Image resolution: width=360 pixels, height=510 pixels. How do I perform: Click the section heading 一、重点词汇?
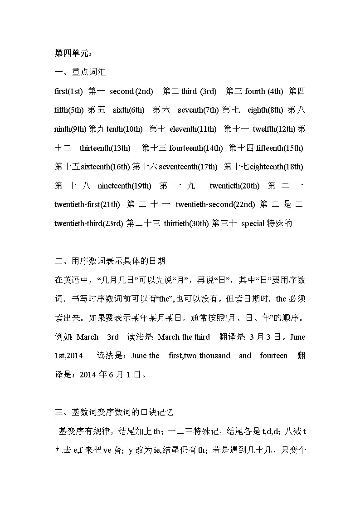click(x=80, y=72)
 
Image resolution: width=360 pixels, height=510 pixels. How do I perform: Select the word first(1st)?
click(x=68, y=91)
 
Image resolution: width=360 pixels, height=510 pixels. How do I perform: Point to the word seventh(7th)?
click(x=198, y=110)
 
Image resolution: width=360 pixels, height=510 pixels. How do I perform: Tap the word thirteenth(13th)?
click(x=105, y=148)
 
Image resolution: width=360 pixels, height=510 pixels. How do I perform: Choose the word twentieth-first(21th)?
click(x=87, y=204)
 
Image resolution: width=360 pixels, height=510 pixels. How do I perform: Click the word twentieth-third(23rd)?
click(x=88, y=223)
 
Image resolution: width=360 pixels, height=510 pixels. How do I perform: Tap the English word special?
click(x=253, y=223)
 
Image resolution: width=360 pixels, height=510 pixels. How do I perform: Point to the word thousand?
click(x=214, y=356)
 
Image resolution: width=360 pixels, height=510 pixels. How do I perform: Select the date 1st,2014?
click(x=68, y=356)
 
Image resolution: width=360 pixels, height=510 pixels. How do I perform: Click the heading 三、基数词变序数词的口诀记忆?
click(x=114, y=412)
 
